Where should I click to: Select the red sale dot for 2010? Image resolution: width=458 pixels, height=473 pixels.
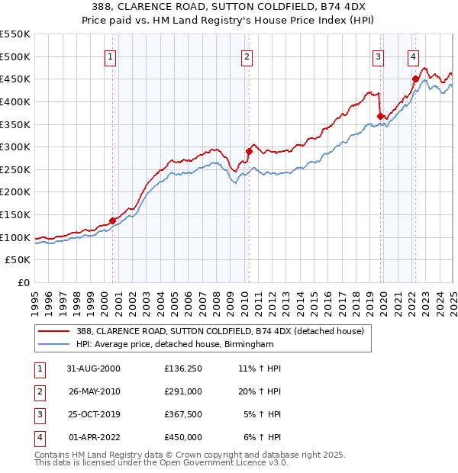point(249,151)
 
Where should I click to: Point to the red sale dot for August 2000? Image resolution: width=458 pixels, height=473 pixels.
point(113,220)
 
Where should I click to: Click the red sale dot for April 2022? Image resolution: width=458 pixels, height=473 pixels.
point(415,79)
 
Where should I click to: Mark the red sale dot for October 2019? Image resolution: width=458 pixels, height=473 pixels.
point(380,116)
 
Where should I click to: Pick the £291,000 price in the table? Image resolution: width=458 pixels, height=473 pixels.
point(183,391)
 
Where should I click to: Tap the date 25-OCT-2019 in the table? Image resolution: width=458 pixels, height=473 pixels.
point(95,414)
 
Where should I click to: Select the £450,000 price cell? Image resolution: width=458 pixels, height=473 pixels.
point(183,437)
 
